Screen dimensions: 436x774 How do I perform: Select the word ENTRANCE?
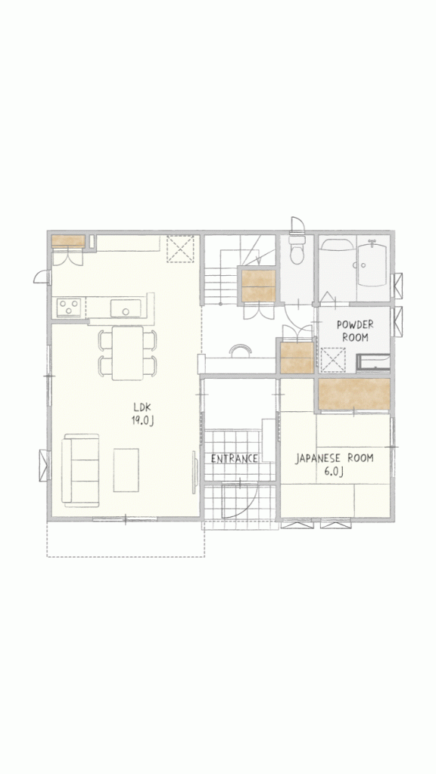click(x=235, y=459)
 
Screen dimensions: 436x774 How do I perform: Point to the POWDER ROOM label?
click(x=355, y=331)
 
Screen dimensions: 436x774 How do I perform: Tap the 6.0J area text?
click(x=334, y=471)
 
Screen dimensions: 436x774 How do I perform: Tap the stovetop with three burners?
click(x=69, y=308)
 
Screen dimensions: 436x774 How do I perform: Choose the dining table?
click(x=127, y=353)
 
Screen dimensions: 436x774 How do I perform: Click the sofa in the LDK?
click(x=80, y=470)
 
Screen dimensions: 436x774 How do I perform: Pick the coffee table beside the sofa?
click(x=126, y=470)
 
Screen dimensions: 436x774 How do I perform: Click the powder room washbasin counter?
click(x=373, y=362)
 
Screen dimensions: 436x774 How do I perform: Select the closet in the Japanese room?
click(x=354, y=394)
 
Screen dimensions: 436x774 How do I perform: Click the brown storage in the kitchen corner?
click(x=68, y=241)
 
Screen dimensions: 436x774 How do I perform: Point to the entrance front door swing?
click(x=238, y=501)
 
